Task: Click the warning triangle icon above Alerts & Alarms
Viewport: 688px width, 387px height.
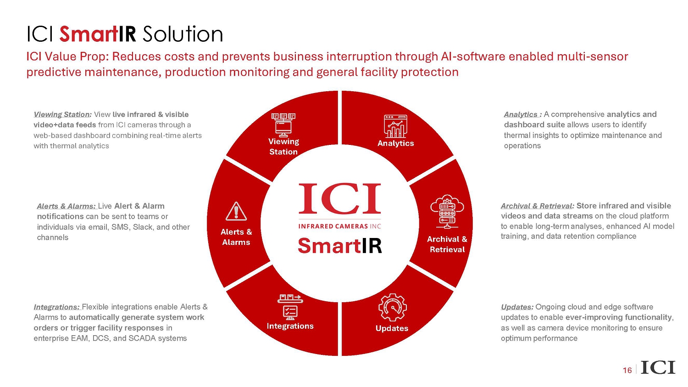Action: (x=236, y=211)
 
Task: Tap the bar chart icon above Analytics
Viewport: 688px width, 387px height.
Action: (x=395, y=126)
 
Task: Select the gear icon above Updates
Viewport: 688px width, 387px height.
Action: (x=392, y=307)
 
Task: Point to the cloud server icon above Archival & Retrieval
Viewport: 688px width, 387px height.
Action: (x=447, y=212)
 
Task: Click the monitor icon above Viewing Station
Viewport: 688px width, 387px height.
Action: (x=283, y=125)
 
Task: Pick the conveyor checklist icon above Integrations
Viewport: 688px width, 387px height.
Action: (x=290, y=307)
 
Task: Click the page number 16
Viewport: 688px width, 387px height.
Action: (x=627, y=370)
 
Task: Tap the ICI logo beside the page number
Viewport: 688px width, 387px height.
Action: (x=658, y=367)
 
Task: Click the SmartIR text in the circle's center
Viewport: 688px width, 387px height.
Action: (x=340, y=246)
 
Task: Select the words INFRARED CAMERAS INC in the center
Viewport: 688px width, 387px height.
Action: (x=340, y=227)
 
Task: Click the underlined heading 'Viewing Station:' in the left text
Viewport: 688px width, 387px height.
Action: (x=62, y=115)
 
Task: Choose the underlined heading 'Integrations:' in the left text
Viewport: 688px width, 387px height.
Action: (x=56, y=307)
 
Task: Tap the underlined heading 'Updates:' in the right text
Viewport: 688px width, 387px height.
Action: (x=517, y=307)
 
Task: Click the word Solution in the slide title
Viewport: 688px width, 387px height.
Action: (x=183, y=34)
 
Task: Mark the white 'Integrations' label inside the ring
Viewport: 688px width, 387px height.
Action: (x=290, y=326)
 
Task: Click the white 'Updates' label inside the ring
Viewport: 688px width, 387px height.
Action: (x=392, y=328)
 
